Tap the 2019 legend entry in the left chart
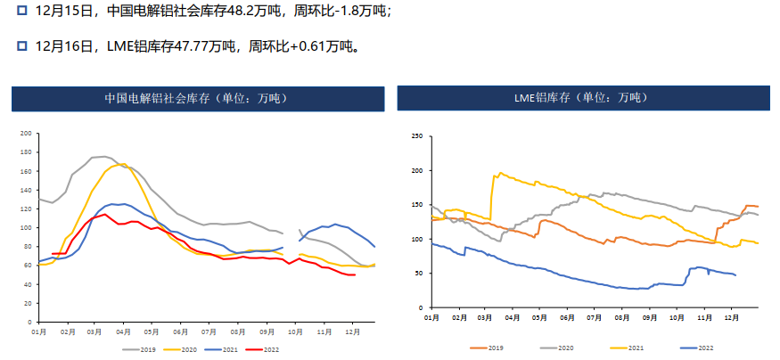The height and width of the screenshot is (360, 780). point(136,349)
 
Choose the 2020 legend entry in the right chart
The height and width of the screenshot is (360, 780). point(571,348)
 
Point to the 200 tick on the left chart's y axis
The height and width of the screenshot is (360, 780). point(27,134)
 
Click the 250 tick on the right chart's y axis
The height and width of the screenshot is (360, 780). point(416,136)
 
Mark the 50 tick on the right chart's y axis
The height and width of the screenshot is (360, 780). point(418,273)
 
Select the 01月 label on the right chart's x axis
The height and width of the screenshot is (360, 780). point(432,316)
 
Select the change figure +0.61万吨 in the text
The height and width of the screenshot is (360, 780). point(324,45)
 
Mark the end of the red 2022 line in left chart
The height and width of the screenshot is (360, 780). point(355,274)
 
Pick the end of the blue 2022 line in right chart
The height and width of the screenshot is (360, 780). point(735,275)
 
